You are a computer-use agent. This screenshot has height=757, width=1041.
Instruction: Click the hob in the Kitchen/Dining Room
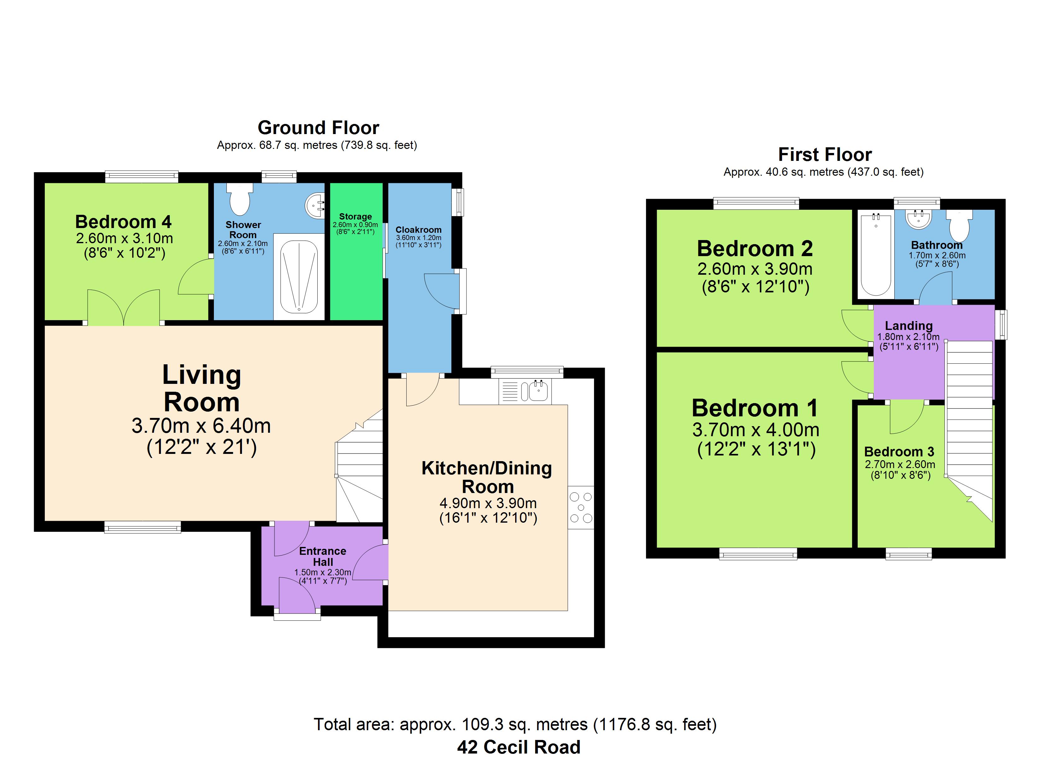(x=581, y=507)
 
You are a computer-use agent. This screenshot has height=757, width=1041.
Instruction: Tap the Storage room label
(x=355, y=216)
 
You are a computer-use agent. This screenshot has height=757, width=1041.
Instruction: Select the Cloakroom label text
(x=419, y=230)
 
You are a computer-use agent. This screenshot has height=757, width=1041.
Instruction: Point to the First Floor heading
(x=825, y=154)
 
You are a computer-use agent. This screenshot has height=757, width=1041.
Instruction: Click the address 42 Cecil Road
(x=519, y=747)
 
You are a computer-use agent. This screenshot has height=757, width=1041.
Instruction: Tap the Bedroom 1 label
(x=755, y=408)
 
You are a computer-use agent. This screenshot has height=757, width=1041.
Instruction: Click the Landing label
(x=909, y=326)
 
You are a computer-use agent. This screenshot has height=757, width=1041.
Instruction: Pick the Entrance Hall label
(x=323, y=556)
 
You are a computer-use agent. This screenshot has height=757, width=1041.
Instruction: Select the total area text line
(x=515, y=725)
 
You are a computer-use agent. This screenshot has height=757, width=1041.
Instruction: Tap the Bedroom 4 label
(x=123, y=222)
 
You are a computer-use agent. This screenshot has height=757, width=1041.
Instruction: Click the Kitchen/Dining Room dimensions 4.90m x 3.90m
(x=488, y=503)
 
